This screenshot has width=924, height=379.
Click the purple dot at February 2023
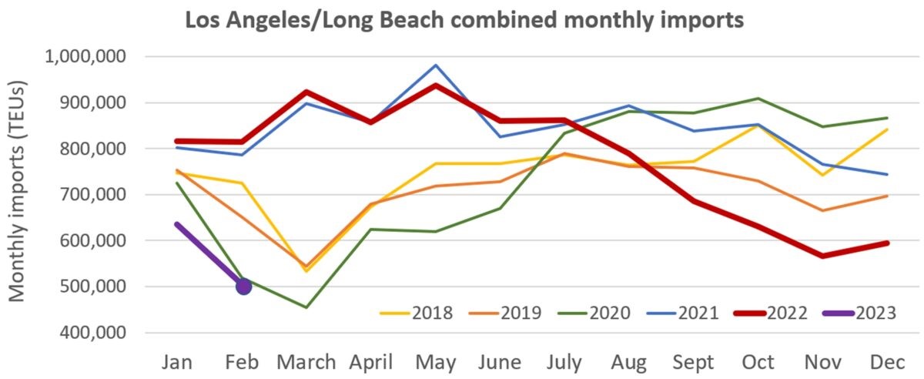click(243, 286)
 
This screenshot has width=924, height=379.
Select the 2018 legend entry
click(416, 313)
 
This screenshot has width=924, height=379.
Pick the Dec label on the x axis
click(885, 361)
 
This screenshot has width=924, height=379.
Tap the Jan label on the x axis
click(179, 361)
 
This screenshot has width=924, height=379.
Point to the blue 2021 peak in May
click(435, 65)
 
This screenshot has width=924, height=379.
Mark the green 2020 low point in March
click(306, 307)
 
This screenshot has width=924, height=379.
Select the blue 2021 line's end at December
click(887, 174)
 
